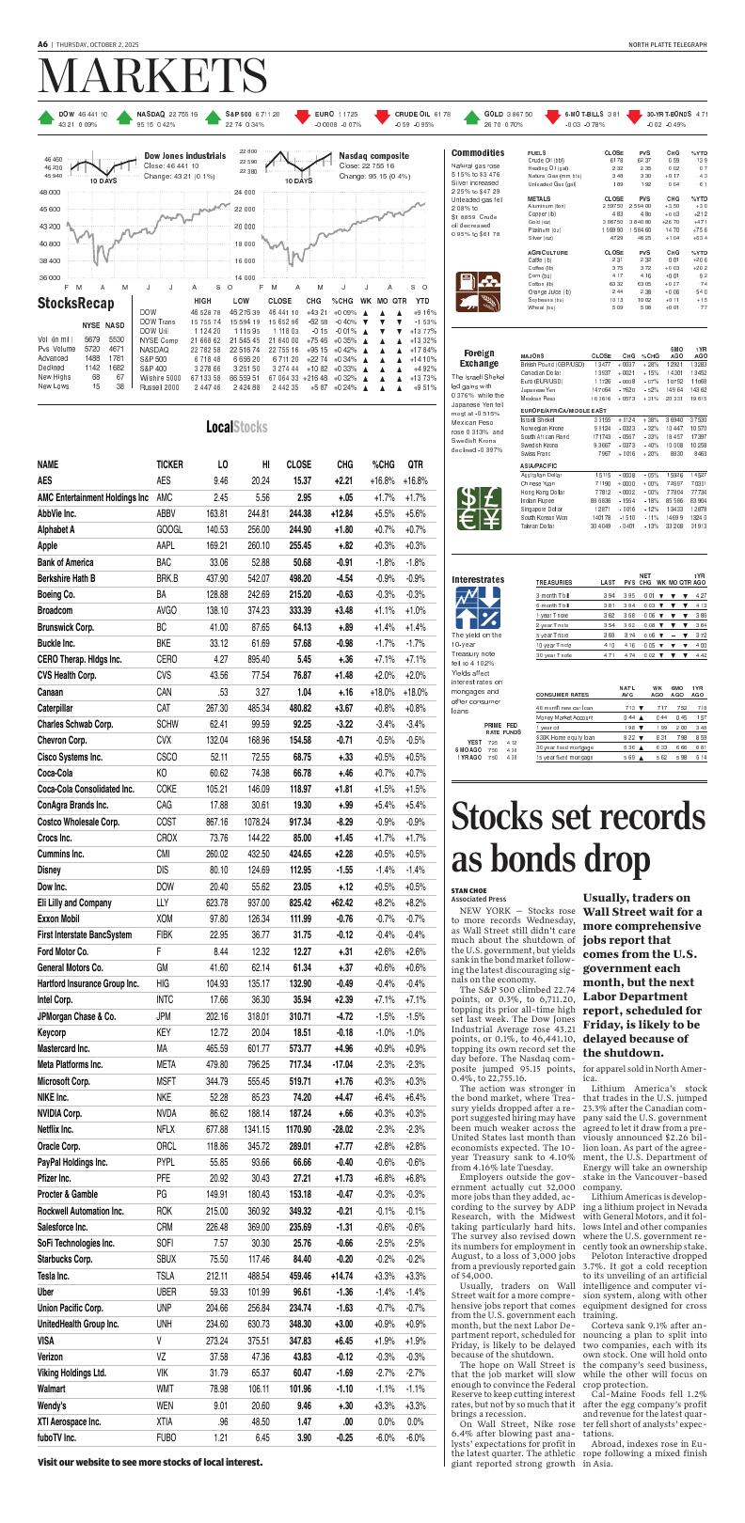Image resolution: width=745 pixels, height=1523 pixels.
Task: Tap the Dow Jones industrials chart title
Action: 184,154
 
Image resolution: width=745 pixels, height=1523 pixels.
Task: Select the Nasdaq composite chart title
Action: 373,154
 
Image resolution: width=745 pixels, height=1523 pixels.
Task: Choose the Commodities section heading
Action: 477,152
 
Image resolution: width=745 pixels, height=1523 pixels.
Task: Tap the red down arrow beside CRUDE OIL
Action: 381,118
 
